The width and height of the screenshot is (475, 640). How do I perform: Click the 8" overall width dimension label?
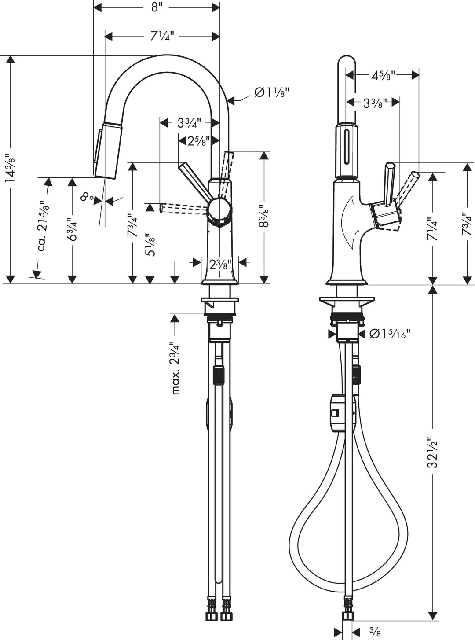[157, 7]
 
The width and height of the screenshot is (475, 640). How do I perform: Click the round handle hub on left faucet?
[218, 210]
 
